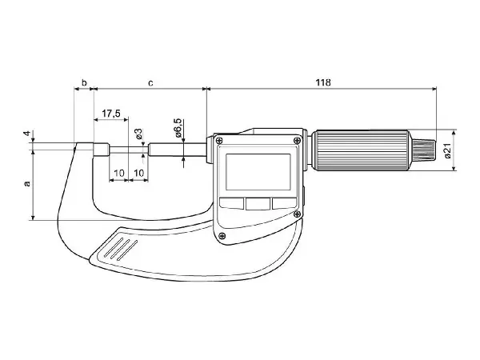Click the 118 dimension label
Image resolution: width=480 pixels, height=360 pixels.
pyautogui.click(x=323, y=82)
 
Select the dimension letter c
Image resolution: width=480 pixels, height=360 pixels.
pyautogui.click(x=150, y=82)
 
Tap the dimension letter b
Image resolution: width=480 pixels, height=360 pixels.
pyautogui.click(x=84, y=82)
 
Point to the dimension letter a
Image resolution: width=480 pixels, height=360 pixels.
pyautogui.click(x=27, y=184)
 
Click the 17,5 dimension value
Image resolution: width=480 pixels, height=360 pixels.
pyautogui.click(x=111, y=114)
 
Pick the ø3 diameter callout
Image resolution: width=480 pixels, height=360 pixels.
pyautogui.click(x=138, y=134)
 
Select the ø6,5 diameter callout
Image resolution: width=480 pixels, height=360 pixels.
pyautogui.click(x=178, y=128)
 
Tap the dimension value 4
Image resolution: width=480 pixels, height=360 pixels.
pyautogui.click(x=27, y=134)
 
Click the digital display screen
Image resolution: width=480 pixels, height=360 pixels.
pyautogui.click(x=258, y=172)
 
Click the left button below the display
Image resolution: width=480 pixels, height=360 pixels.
pyautogui.click(x=231, y=203)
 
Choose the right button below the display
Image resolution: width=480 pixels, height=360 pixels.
pyautogui.click(x=284, y=203)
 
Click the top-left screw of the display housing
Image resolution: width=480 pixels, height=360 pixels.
pyautogui.click(x=218, y=141)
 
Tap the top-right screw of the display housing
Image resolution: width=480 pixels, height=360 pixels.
pyautogui.click(x=297, y=141)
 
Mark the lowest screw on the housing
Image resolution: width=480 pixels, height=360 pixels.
pyautogui.click(x=222, y=236)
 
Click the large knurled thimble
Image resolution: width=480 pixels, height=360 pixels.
pyautogui.click(x=362, y=150)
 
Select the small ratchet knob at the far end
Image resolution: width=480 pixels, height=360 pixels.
pyautogui.click(x=423, y=150)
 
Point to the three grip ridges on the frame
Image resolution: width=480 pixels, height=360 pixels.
pyautogui.click(x=121, y=249)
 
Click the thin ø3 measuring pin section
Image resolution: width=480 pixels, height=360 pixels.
pyautogui.click(x=129, y=150)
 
